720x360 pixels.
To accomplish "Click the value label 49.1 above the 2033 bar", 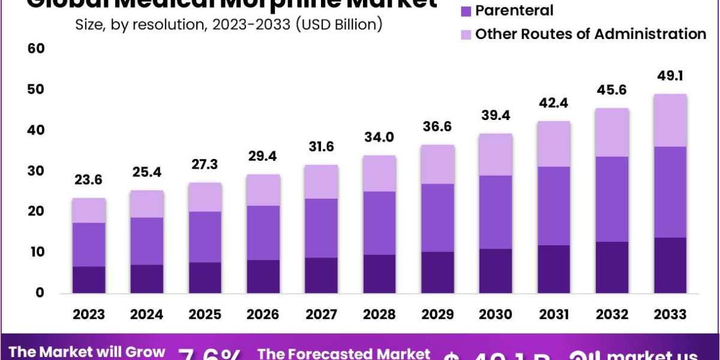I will pos(670,76).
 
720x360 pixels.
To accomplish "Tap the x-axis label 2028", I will pos(379,314).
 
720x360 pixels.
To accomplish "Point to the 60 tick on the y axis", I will pos(36,49).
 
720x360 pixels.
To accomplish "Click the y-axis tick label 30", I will pos(36,171).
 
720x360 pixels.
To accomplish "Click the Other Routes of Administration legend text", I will pos(590,34).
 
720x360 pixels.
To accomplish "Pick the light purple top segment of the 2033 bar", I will pos(670,120).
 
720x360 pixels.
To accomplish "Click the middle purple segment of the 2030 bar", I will pos(496,212).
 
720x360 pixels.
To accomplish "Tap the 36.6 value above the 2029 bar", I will pos(437,127).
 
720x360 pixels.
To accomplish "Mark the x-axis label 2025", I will pos(205,314).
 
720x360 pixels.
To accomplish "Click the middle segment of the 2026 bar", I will pos(263,233).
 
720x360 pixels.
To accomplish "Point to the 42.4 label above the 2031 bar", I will pos(554,103).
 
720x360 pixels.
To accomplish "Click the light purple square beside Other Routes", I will pos(466,34).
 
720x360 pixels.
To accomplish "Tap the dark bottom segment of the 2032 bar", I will pos(612,268).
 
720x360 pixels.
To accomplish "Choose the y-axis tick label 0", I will pos(40,293).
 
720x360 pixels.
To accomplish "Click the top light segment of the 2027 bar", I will pos(322,182).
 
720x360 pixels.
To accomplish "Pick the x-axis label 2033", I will pos(670,314).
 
